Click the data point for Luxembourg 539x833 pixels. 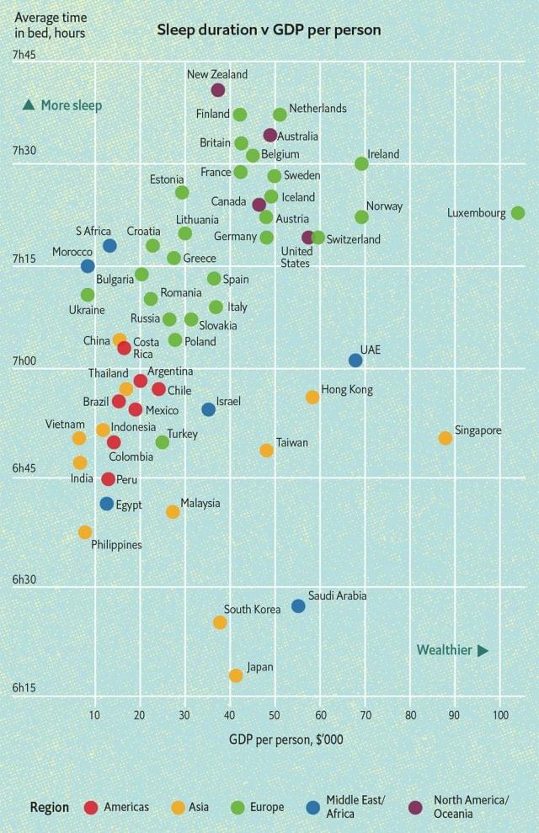[518, 213]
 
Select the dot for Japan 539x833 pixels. [236, 675]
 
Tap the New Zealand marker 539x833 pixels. [218, 90]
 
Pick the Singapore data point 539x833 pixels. [446, 438]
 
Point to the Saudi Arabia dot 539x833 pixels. [298, 606]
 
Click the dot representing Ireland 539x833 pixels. [361, 163]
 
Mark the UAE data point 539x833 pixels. [355, 360]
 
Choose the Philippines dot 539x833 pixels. [85, 532]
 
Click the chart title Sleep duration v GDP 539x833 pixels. [269, 30]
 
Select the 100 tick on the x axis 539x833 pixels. [500, 715]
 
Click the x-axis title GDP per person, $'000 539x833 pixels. [286, 740]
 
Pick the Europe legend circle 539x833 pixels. [237, 808]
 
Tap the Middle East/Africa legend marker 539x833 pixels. [312, 808]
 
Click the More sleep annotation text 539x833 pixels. [71, 105]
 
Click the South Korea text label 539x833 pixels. [252, 609]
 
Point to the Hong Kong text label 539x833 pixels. [347, 390]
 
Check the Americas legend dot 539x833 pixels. [91, 808]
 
